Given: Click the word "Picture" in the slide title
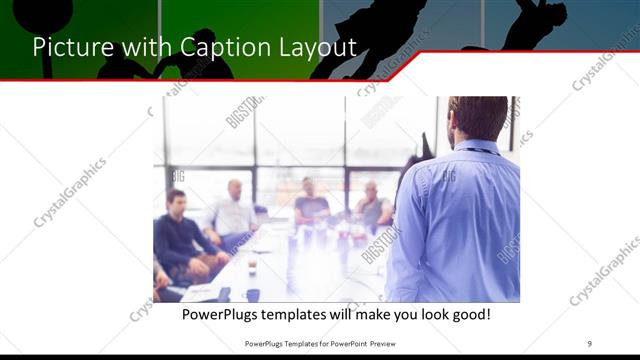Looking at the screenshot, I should click(x=68, y=46).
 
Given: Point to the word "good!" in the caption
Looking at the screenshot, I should click(x=468, y=314).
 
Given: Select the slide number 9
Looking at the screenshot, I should click(x=590, y=343).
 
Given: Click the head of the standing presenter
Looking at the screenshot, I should click(x=478, y=117).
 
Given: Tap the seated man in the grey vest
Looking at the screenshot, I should click(x=372, y=207).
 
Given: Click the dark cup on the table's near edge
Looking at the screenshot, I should click(x=253, y=294).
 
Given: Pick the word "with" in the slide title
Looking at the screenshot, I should click(x=136, y=46).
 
